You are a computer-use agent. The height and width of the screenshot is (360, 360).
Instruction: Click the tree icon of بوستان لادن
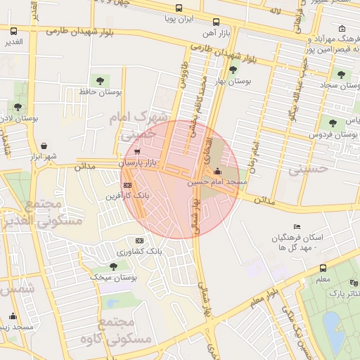click(18, 107)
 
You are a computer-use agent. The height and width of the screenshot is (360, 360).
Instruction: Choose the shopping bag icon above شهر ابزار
click(44, 146)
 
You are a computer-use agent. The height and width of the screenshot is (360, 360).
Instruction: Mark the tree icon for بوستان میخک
click(113, 266)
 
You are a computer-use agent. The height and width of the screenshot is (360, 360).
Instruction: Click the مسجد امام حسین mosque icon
click(217, 171)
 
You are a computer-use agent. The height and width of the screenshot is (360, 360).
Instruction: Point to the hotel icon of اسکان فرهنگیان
click(297, 226)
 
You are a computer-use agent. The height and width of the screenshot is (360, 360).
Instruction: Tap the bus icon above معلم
click(323, 268)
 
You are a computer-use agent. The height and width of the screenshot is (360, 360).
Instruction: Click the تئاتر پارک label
click(345, 293)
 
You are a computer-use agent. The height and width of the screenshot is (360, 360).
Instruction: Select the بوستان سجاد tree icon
click(341, 74)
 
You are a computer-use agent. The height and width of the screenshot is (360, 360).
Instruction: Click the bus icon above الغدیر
click(14, 31)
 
